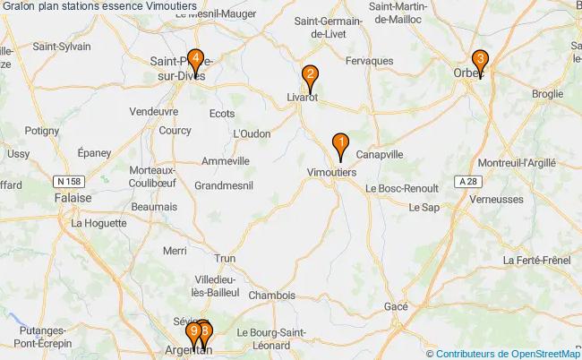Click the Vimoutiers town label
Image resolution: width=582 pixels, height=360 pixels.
(x=332, y=172)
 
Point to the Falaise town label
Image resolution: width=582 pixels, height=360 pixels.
(x=72, y=198)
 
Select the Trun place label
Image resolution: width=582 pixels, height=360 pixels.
(x=226, y=258)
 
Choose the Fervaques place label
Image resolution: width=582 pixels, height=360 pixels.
(x=369, y=61)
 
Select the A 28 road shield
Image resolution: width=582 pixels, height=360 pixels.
(x=465, y=181)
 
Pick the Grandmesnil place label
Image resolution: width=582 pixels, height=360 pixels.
(x=224, y=185)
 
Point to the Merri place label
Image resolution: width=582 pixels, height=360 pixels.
(x=175, y=252)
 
